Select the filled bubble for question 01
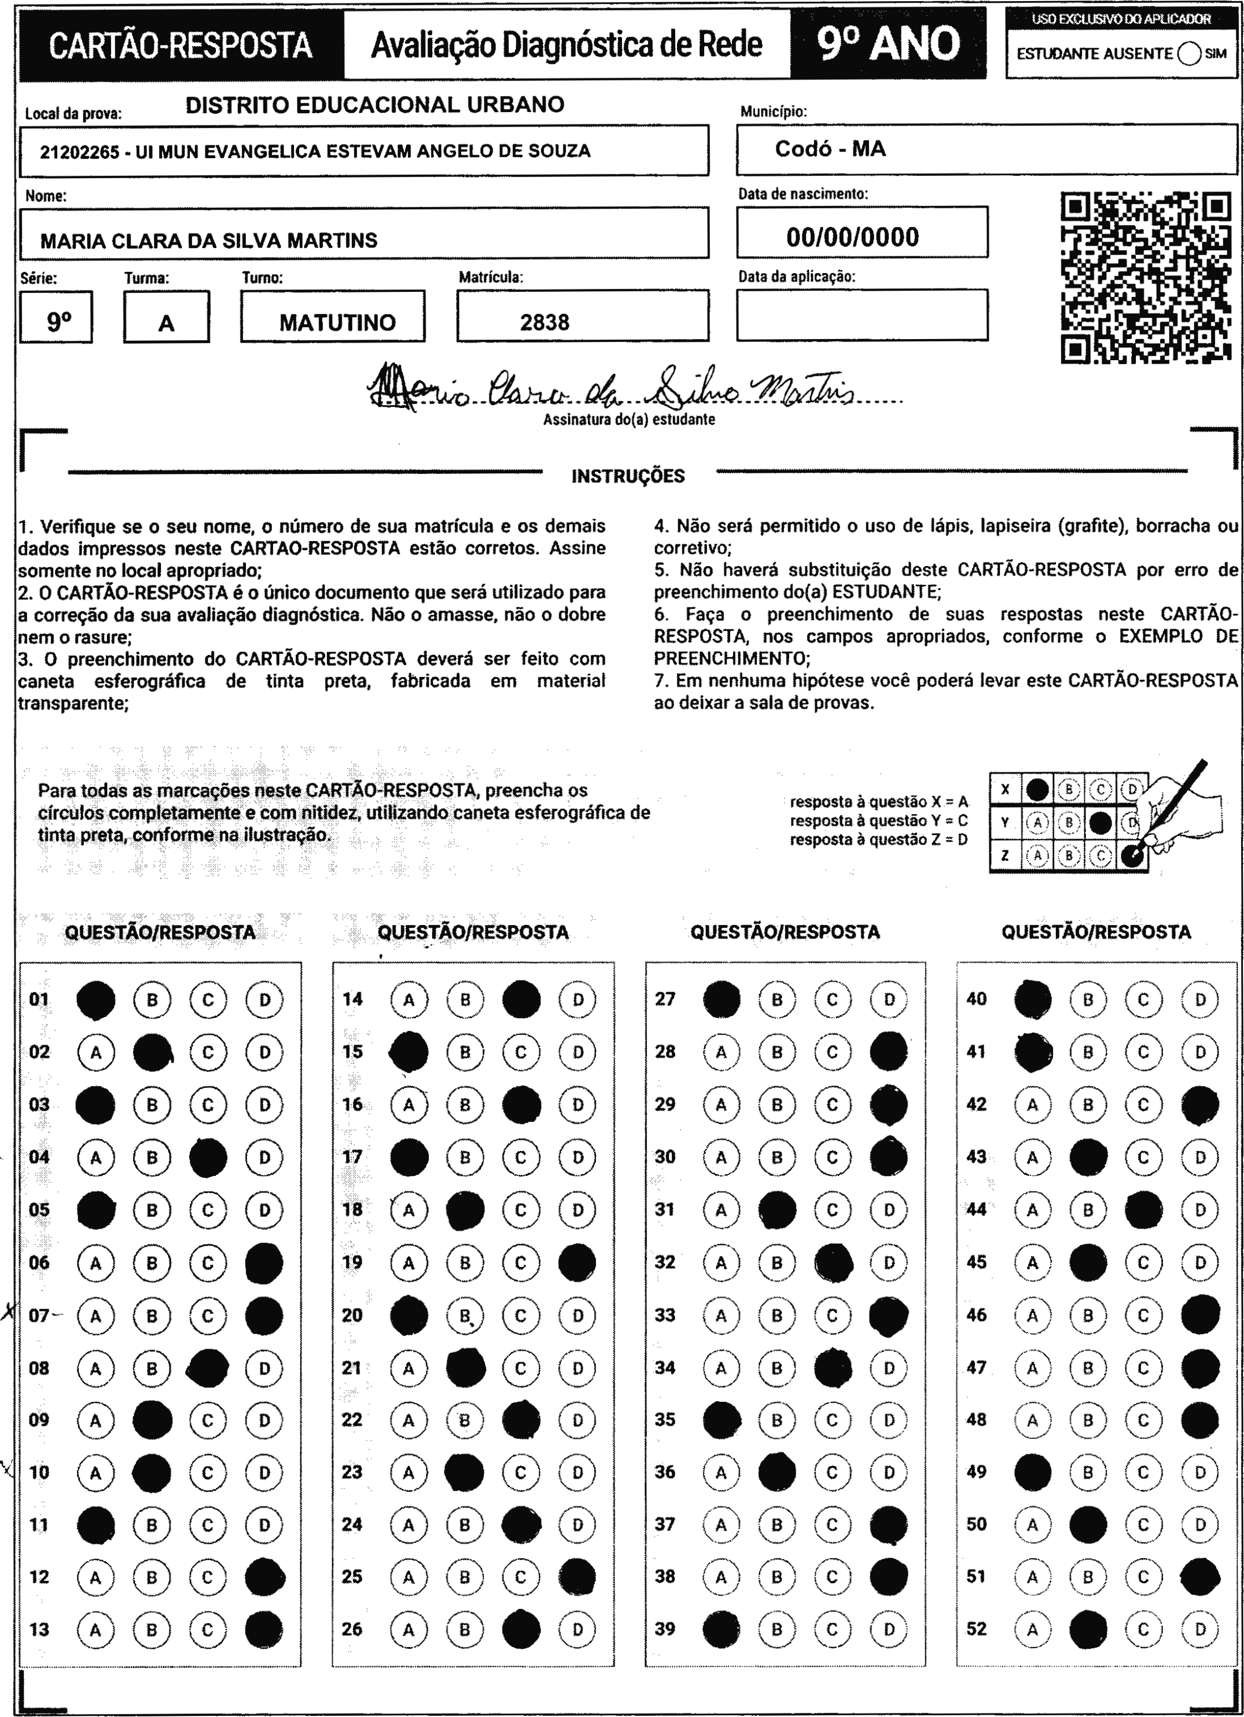coord(96,999)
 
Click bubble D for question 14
coord(578,999)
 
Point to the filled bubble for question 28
coord(888,1052)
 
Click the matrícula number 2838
coord(544,322)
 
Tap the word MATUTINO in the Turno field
coord(337,322)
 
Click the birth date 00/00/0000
coord(853,237)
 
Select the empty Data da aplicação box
coord(862,315)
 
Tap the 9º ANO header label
coord(888,44)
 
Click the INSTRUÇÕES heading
coord(628,476)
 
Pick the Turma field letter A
coord(166,324)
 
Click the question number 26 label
coord(352,1628)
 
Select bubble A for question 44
coord(1032,1210)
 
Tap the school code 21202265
coord(79,151)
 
